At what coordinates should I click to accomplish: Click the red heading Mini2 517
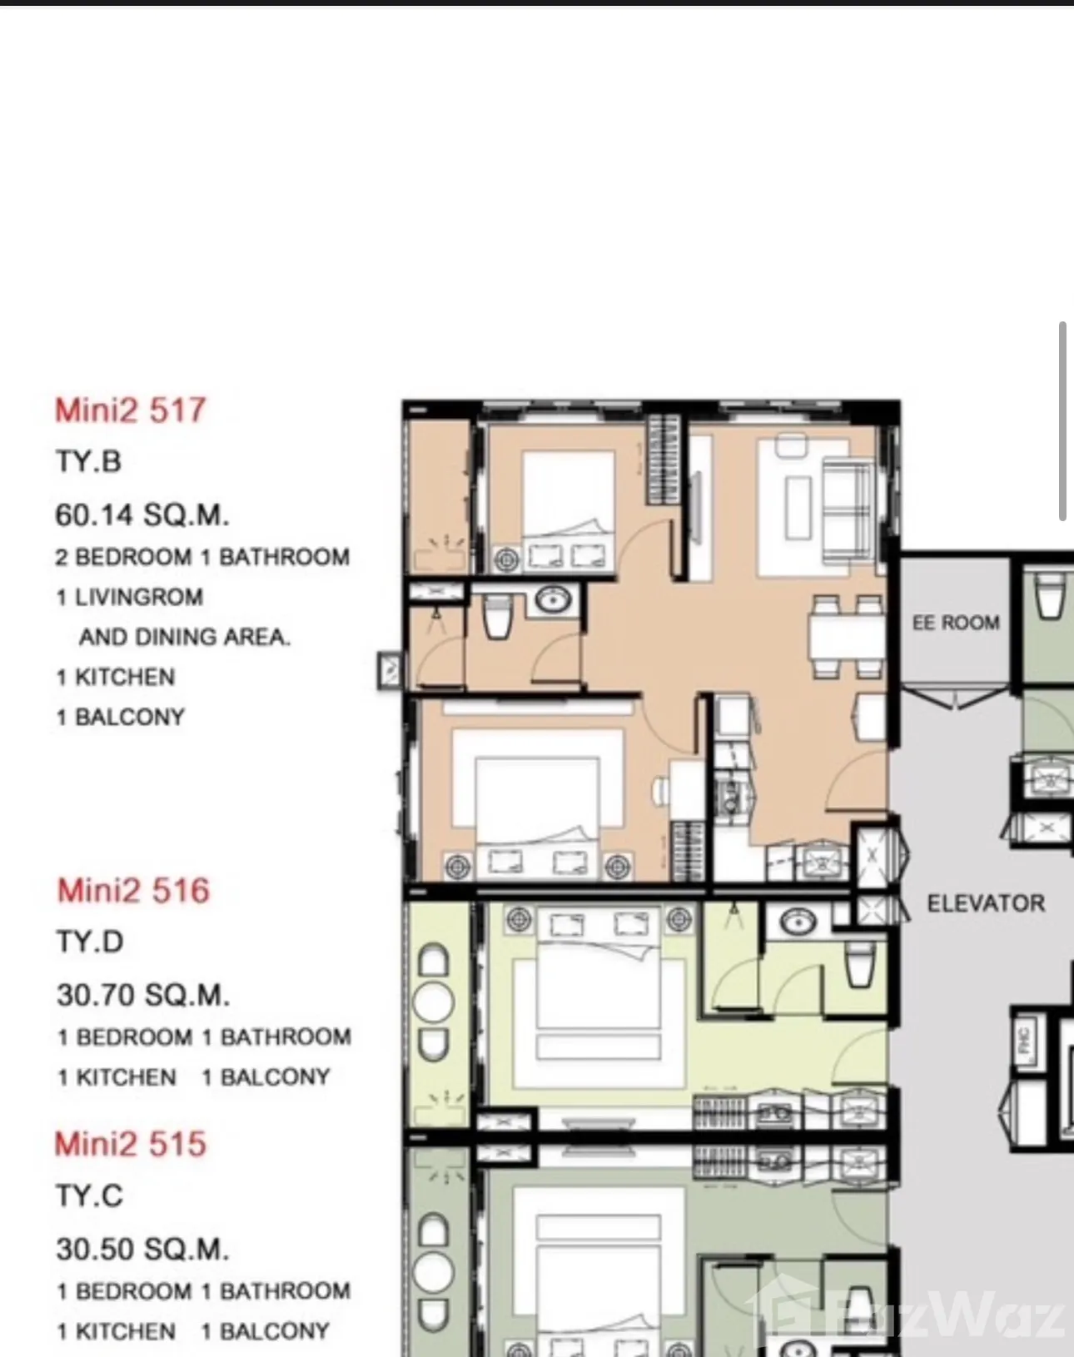coord(131,410)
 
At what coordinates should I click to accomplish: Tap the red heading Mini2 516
coord(133,890)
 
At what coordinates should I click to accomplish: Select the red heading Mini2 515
coord(131,1144)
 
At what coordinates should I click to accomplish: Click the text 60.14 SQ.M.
coord(142,515)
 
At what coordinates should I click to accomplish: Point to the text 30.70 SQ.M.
coord(143,995)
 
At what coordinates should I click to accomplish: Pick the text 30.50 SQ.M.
coord(142,1249)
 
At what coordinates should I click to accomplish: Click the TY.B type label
coord(88,461)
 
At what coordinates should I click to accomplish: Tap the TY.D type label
coord(90,942)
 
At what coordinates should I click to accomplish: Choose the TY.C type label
coord(89,1195)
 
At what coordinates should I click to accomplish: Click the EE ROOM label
coord(956,623)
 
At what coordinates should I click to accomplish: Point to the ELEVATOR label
coord(986,903)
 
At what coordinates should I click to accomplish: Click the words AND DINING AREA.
coord(185,638)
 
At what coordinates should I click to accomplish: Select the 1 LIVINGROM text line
coord(130,597)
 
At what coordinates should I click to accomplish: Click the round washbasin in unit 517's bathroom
coord(553,599)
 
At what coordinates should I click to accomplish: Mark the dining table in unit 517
coord(847,636)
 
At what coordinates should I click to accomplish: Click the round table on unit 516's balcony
coord(433,1002)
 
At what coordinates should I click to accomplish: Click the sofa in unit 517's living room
coord(848,509)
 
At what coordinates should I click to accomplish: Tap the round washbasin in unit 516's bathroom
coord(799,922)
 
